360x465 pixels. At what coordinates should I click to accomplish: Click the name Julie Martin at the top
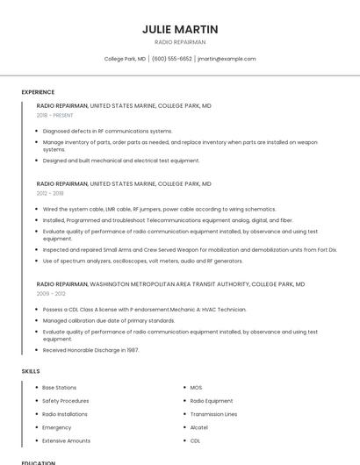(x=180, y=29)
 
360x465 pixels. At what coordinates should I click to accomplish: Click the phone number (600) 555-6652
(x=171, y=59)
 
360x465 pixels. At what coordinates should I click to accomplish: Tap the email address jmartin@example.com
(x=227, y=59)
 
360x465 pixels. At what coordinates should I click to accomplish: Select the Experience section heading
(x=38, y=92)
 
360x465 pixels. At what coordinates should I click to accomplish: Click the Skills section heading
(x=31, y=371)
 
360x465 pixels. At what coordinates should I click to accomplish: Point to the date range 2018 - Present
(x=55, y=115)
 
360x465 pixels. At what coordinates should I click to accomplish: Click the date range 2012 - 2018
(x=50, y=193)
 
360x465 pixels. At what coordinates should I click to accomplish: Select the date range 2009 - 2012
(x=50, y=294)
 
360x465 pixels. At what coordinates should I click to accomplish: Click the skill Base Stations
(x=60, y=387)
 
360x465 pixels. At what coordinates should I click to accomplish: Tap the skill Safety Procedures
(x=66, y=400)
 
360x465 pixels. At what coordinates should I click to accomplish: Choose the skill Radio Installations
(x=65, y=414)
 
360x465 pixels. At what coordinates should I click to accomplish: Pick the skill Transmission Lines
(x=213, y=414)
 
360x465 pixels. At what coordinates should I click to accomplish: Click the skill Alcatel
(x=199, y=427)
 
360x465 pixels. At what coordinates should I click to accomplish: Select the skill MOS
(x=196, y=387)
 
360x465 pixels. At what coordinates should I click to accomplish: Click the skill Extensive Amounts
(x=67, y=440)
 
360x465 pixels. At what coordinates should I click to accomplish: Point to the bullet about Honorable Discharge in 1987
(x=90, y=349)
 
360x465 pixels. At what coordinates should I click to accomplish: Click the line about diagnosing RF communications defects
(x=107, y=131)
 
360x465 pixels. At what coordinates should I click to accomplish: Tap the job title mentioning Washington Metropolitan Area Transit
(x=170, y=284)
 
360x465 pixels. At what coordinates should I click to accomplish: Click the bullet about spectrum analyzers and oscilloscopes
(x=142, y=261)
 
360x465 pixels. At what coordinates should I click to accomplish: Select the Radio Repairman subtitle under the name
(x=180, y=42)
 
